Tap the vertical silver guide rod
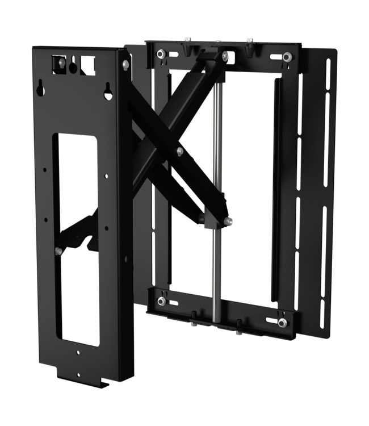coord(216,170)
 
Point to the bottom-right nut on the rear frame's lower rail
coord(282,323)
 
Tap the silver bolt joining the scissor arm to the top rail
coord(225,55)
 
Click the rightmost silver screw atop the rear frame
coord(249,41)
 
